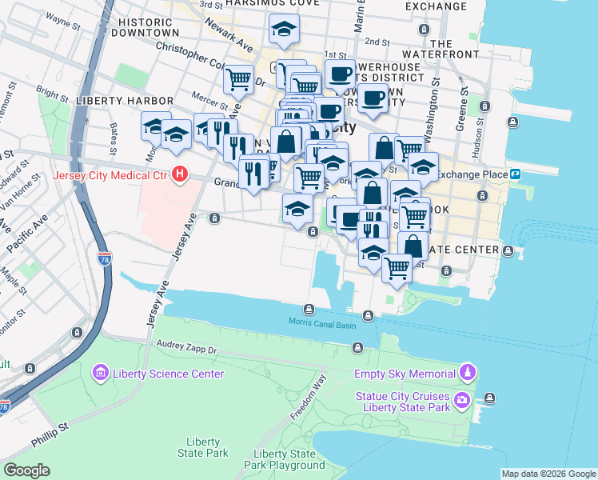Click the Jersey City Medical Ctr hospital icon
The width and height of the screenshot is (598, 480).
(181, 174)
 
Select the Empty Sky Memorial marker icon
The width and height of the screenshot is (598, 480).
(468, 373)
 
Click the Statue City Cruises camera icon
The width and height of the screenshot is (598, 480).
(461, 399)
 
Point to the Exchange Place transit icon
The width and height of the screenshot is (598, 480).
(516, 174)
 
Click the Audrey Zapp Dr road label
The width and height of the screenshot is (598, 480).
(188, 349)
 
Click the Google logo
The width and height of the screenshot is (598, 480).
(26, 470)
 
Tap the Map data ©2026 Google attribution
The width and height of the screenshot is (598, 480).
(548, 474)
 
